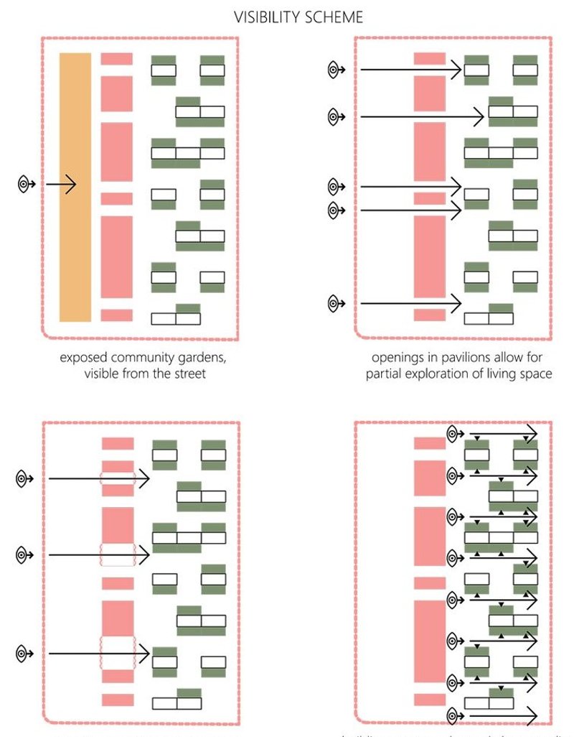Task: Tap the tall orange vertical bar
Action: pos(75,187)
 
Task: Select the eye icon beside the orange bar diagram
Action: pos(25,185)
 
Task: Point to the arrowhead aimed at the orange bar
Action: pos(71,185)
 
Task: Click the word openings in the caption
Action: pos(397,357)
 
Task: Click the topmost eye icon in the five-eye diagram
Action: pos(334,70)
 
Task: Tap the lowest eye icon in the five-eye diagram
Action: pos(334,304)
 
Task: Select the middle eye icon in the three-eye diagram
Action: pos(25,554)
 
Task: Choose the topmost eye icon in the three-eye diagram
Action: pos(25,477)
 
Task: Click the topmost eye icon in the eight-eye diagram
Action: pos(453,434)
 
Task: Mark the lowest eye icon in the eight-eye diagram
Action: pos(453,715)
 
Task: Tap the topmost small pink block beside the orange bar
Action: pos(117,59)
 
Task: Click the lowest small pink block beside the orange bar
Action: pos(117,315)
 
